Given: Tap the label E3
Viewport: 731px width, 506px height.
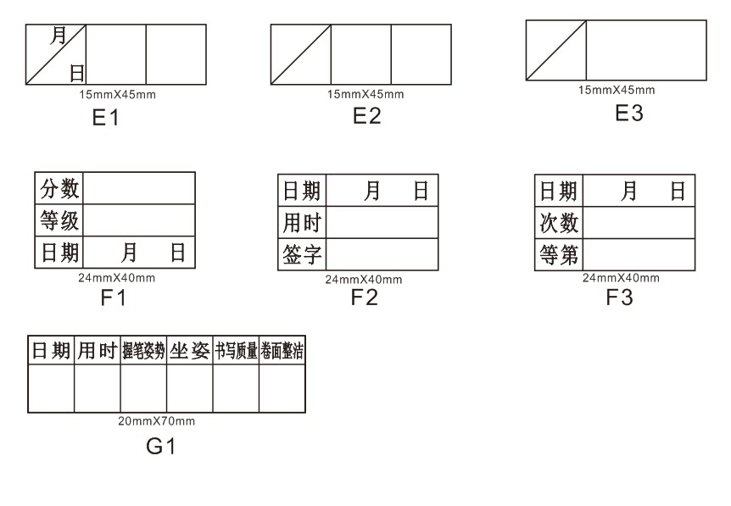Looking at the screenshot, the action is coord(628,114).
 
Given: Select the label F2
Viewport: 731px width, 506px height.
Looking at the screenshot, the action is coord(365,297).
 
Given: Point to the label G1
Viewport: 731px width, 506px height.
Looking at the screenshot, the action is coord(160,446).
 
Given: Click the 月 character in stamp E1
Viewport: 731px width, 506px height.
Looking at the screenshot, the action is coord(59,36).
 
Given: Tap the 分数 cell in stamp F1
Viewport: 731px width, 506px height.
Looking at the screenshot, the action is coord(59,188).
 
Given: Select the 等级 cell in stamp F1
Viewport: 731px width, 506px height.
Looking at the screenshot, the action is coord(59,221).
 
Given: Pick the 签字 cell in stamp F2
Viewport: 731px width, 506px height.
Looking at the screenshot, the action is coord(302,254).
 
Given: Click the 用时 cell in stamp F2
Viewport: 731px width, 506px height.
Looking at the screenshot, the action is coord(302,223).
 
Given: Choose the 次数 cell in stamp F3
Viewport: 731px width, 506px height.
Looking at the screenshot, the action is coord(560,223).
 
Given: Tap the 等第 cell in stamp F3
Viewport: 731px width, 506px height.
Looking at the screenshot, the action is coord(560,254).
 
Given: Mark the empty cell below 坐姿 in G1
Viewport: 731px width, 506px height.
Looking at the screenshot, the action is coord(189,389).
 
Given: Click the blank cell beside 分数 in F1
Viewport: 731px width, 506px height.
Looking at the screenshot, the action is coord(139,188).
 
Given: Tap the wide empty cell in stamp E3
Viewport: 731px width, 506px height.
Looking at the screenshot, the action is coord(646,50).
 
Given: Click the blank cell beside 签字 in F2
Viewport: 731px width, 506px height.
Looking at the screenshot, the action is coord(382,254).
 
